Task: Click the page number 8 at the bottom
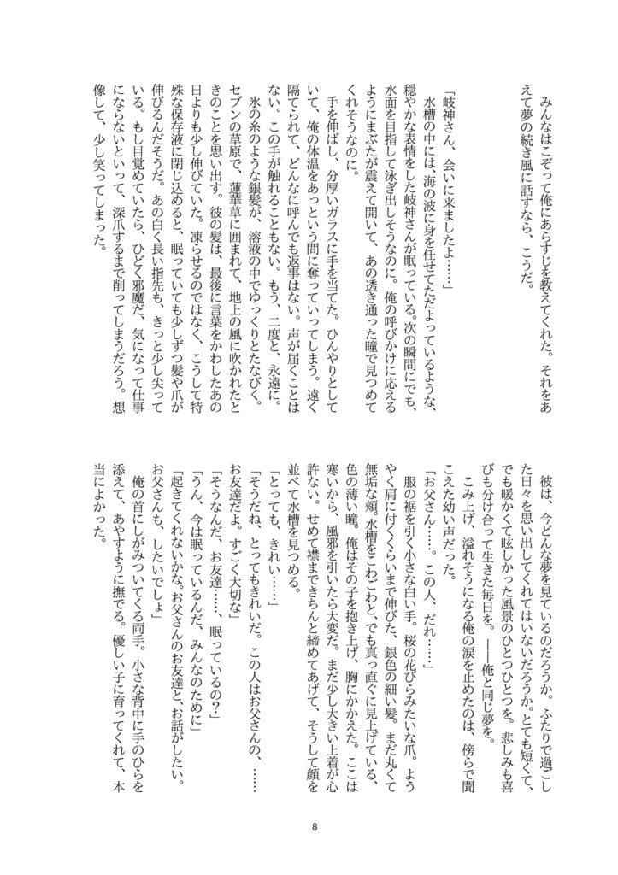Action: (315, 826)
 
